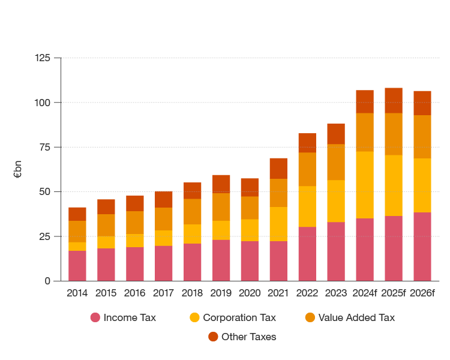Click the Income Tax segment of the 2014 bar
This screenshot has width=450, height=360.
tap(77, 266)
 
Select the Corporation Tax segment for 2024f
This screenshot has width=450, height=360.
tap(365, 185)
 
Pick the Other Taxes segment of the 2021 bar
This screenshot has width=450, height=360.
tap(278, 169)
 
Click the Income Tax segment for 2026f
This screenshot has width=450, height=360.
tap(422, 247)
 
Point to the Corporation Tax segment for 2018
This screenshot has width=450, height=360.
tap(192, 234)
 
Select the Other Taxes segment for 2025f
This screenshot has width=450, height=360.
tap(394, 100)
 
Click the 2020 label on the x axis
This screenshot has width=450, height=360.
tap(250, 293)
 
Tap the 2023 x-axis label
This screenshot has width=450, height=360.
tap(336, 293)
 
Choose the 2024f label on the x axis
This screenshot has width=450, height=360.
tap(365, 293)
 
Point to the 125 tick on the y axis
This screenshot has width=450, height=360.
tap(43, 58)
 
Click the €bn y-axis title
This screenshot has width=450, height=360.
tap(17, 170)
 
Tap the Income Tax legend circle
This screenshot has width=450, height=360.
tap(95, 317)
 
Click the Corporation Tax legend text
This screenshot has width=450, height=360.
tap(239, 317)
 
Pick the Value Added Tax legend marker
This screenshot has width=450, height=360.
tap(310, 317)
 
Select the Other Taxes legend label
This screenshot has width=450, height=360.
tap(248, 337)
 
